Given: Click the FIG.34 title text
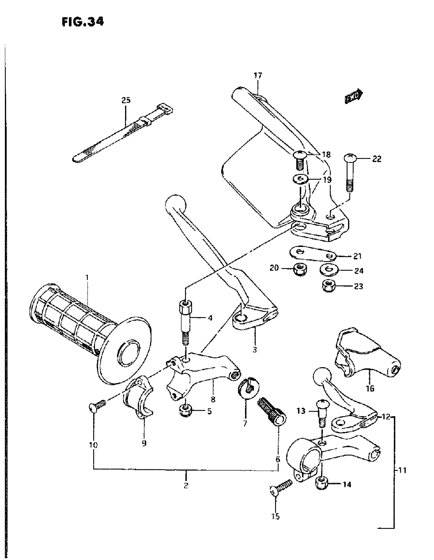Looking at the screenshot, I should (82, 22).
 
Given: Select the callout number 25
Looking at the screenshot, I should (126, 100).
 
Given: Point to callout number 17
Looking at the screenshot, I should (258, 76).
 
